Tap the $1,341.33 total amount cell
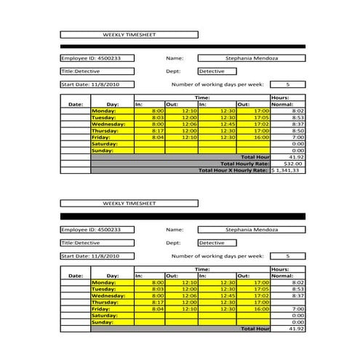tap(288, 170)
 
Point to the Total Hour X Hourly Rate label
tap(233, 170)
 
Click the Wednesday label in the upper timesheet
tap(108, 124)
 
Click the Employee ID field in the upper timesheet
tap(97, 57)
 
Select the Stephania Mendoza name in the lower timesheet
tap(251, 229)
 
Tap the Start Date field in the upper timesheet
tap(97, 84)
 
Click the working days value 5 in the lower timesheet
tap(287, 256)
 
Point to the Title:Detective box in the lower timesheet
tap(97, 243)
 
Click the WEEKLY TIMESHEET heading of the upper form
tap(129, 34)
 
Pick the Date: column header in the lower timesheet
tap(76, 276)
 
